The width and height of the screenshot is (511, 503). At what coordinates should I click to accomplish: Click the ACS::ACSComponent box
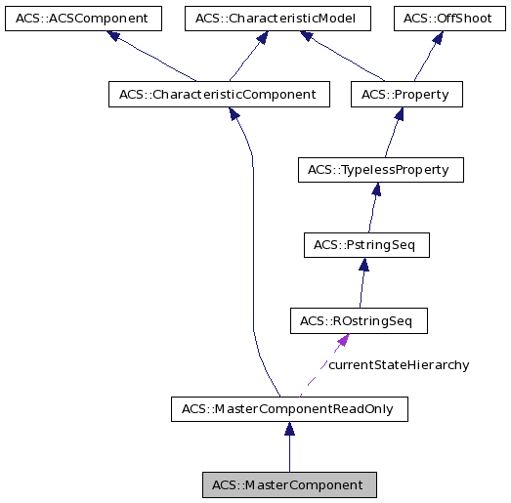tap(82, 19)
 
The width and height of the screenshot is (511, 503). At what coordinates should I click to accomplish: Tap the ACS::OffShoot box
tap(449, 19)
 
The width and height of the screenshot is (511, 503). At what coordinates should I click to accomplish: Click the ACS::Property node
tap(405, 95)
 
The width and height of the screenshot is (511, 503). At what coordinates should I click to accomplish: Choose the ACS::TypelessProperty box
tap(379, 170)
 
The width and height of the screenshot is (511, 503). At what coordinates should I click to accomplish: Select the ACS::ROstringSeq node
tap(359, 320)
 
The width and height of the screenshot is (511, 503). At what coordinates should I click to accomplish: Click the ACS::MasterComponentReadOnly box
tap(288, 409)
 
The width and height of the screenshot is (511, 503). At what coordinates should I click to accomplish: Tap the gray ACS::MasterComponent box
tap(288, 484)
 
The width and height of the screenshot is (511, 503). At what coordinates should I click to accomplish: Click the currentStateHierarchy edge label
tap(399, 365)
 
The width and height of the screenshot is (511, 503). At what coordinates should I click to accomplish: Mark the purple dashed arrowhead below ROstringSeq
tap(343, 340)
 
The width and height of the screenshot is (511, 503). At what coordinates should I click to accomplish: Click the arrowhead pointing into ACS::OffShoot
tap(440, 37)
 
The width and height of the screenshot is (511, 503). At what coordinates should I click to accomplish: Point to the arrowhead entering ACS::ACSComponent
tap(114, 37)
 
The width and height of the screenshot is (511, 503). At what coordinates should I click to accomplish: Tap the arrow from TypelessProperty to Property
tap(392, 133)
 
